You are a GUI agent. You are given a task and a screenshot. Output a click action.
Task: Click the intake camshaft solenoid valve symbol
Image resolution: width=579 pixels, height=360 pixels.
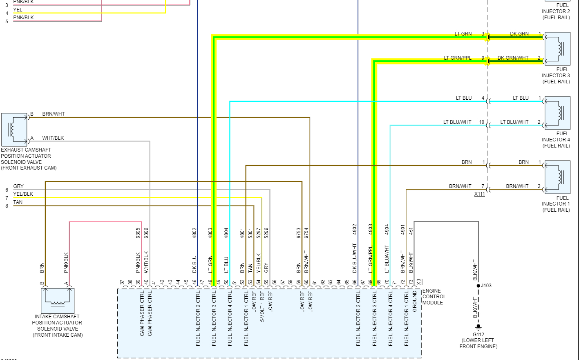click(x=58, y=301)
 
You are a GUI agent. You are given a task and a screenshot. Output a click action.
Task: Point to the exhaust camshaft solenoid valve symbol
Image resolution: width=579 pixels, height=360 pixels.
click(x=14, y=130)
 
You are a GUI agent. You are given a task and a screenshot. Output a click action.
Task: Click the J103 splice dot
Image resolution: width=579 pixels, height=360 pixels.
click(x=478, y=286)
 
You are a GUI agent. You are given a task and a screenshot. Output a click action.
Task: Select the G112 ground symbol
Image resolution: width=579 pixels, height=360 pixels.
click(x=478, y=327)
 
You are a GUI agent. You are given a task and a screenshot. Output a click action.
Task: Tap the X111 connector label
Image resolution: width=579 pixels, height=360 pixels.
click(x=479, y=194)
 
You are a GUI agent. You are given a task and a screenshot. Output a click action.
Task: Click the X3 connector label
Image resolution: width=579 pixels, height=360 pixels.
click(x=418, y=282)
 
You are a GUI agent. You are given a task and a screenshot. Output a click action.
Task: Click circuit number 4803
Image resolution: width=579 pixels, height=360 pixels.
click(x=210, y=233)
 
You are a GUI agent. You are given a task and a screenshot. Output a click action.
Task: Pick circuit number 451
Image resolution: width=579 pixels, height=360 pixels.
click(x=411, y=230)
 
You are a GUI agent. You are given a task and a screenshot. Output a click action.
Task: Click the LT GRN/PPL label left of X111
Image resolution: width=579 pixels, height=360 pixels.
click(x=458, y=58)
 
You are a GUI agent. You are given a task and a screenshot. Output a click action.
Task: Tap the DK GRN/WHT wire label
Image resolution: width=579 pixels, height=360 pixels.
click(x=513, y=58)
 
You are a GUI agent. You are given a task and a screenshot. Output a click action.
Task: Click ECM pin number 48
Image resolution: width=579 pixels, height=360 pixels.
click(x=210, y=282)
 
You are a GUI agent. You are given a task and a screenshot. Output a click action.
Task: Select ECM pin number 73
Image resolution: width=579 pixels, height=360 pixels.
click(x=411, y=282)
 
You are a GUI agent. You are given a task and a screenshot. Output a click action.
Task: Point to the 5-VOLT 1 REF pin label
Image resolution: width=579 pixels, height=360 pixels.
click(x=262, y=306)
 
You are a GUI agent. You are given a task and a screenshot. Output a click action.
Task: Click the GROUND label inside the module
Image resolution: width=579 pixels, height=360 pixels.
click(x=414, y=302)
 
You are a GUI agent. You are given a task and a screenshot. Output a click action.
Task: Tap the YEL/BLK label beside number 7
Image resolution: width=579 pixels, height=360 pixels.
click(x=23, y=194)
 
